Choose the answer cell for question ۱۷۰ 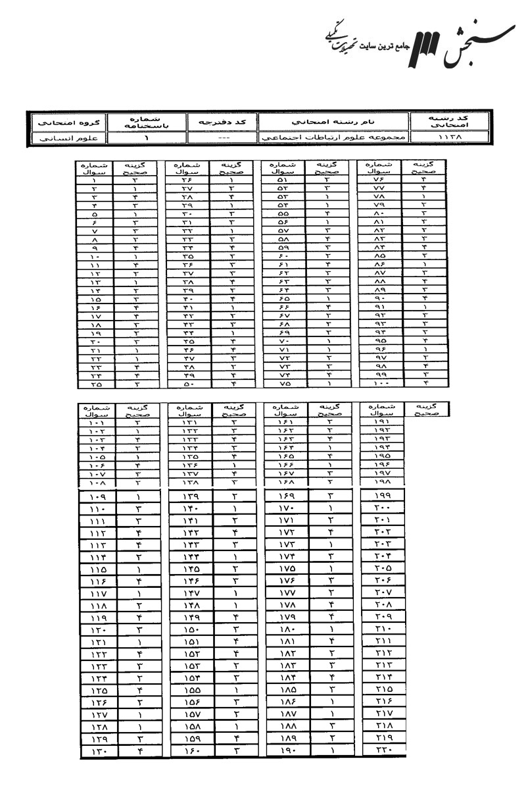pos(330,509)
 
